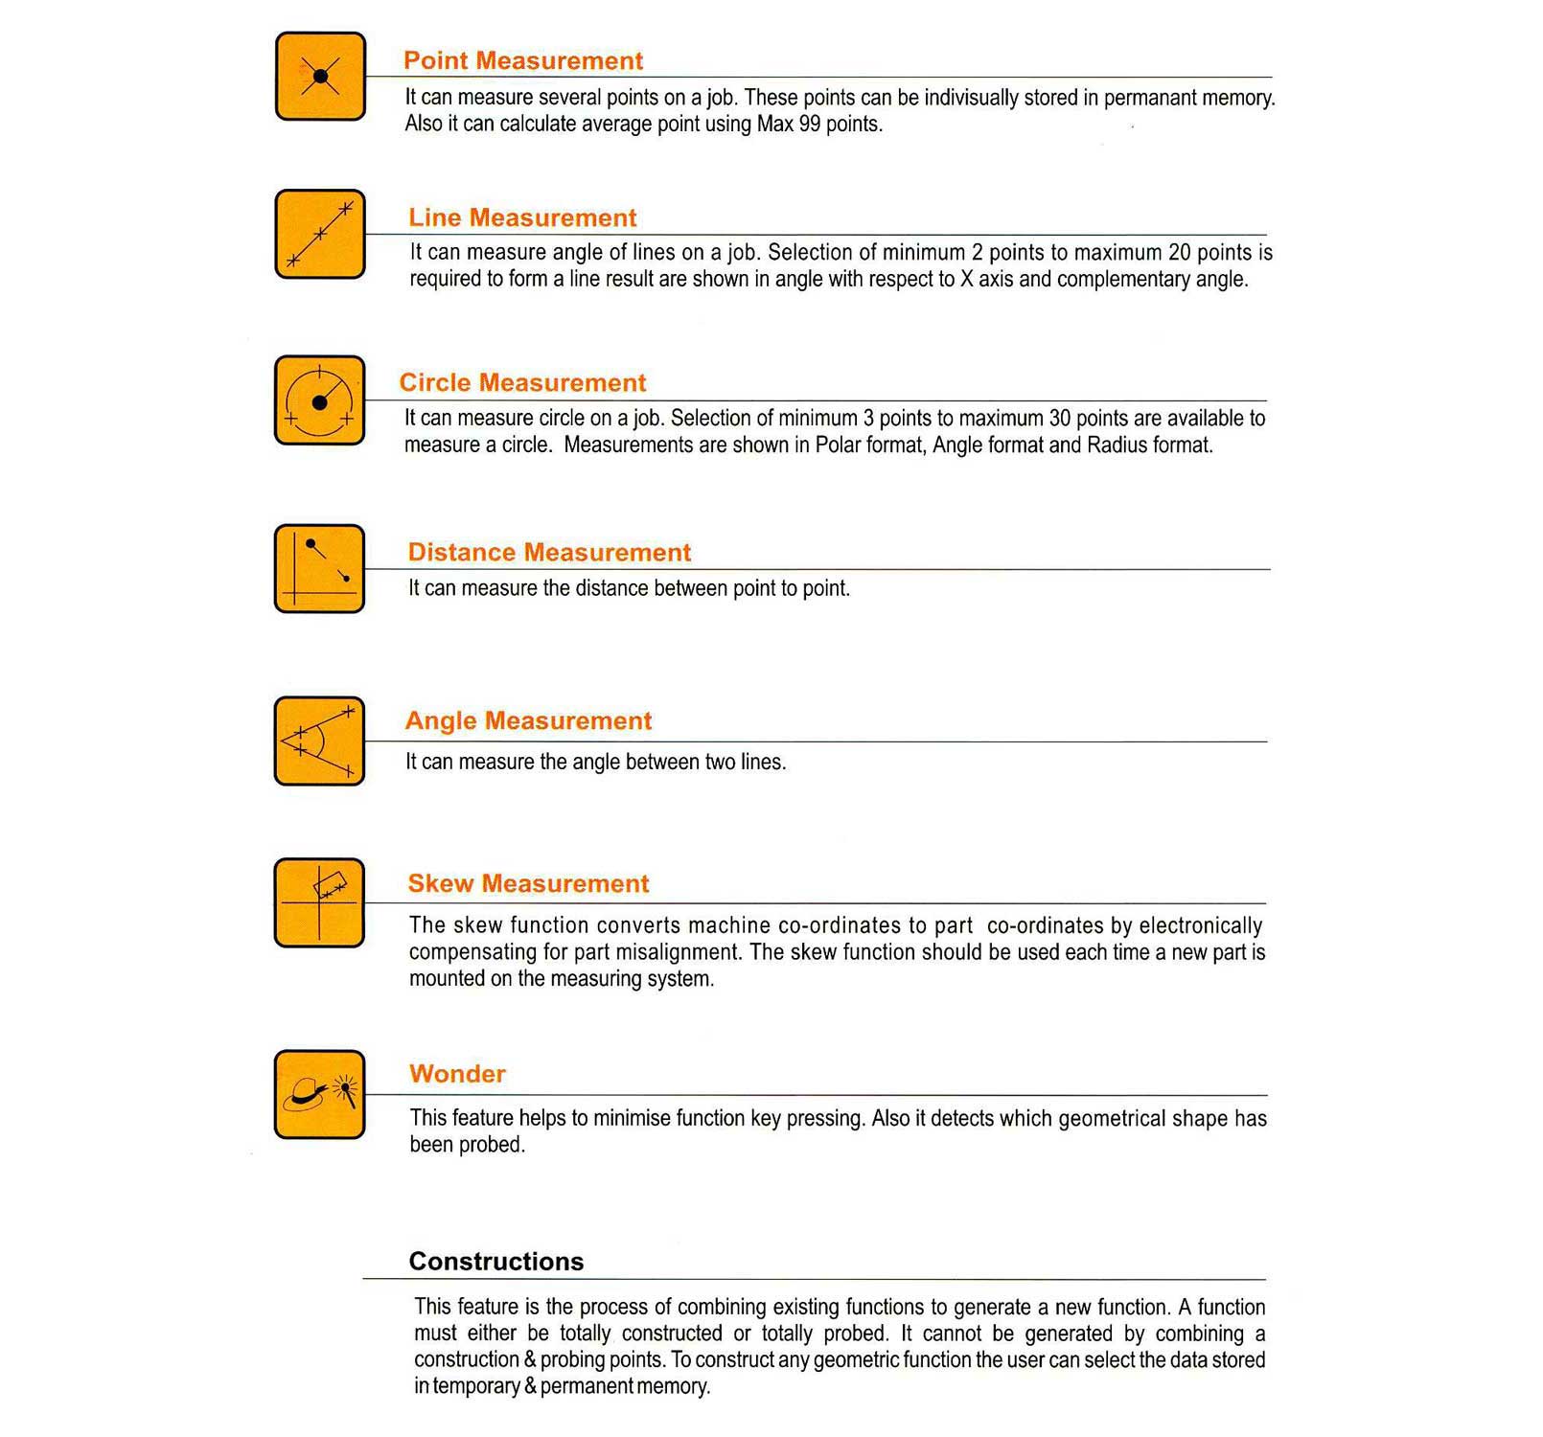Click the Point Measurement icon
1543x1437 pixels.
pos(320,77)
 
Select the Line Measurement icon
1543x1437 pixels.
pos(320,234)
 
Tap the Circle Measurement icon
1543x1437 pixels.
pos(320,400)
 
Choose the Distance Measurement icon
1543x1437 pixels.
pos(320,568)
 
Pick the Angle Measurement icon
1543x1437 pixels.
pos(320,741)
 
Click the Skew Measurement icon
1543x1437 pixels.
pos(320,902)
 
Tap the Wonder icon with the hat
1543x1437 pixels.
pos(320,1094)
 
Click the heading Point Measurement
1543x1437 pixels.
pos(522,60)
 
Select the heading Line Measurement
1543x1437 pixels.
pos(522,217)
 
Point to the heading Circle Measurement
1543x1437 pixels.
pos(522,383)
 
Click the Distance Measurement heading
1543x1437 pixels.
pos(549,553)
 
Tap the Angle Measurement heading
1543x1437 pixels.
pos(528,720)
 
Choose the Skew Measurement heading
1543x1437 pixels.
pos(528,883)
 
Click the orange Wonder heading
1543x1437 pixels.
pos(457,1074)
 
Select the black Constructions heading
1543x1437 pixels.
pos(495,1262)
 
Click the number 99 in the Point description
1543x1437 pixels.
pos(810,125)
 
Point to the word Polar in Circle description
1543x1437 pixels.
pos(836,445)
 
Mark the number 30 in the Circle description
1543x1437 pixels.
pos(1059,419)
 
